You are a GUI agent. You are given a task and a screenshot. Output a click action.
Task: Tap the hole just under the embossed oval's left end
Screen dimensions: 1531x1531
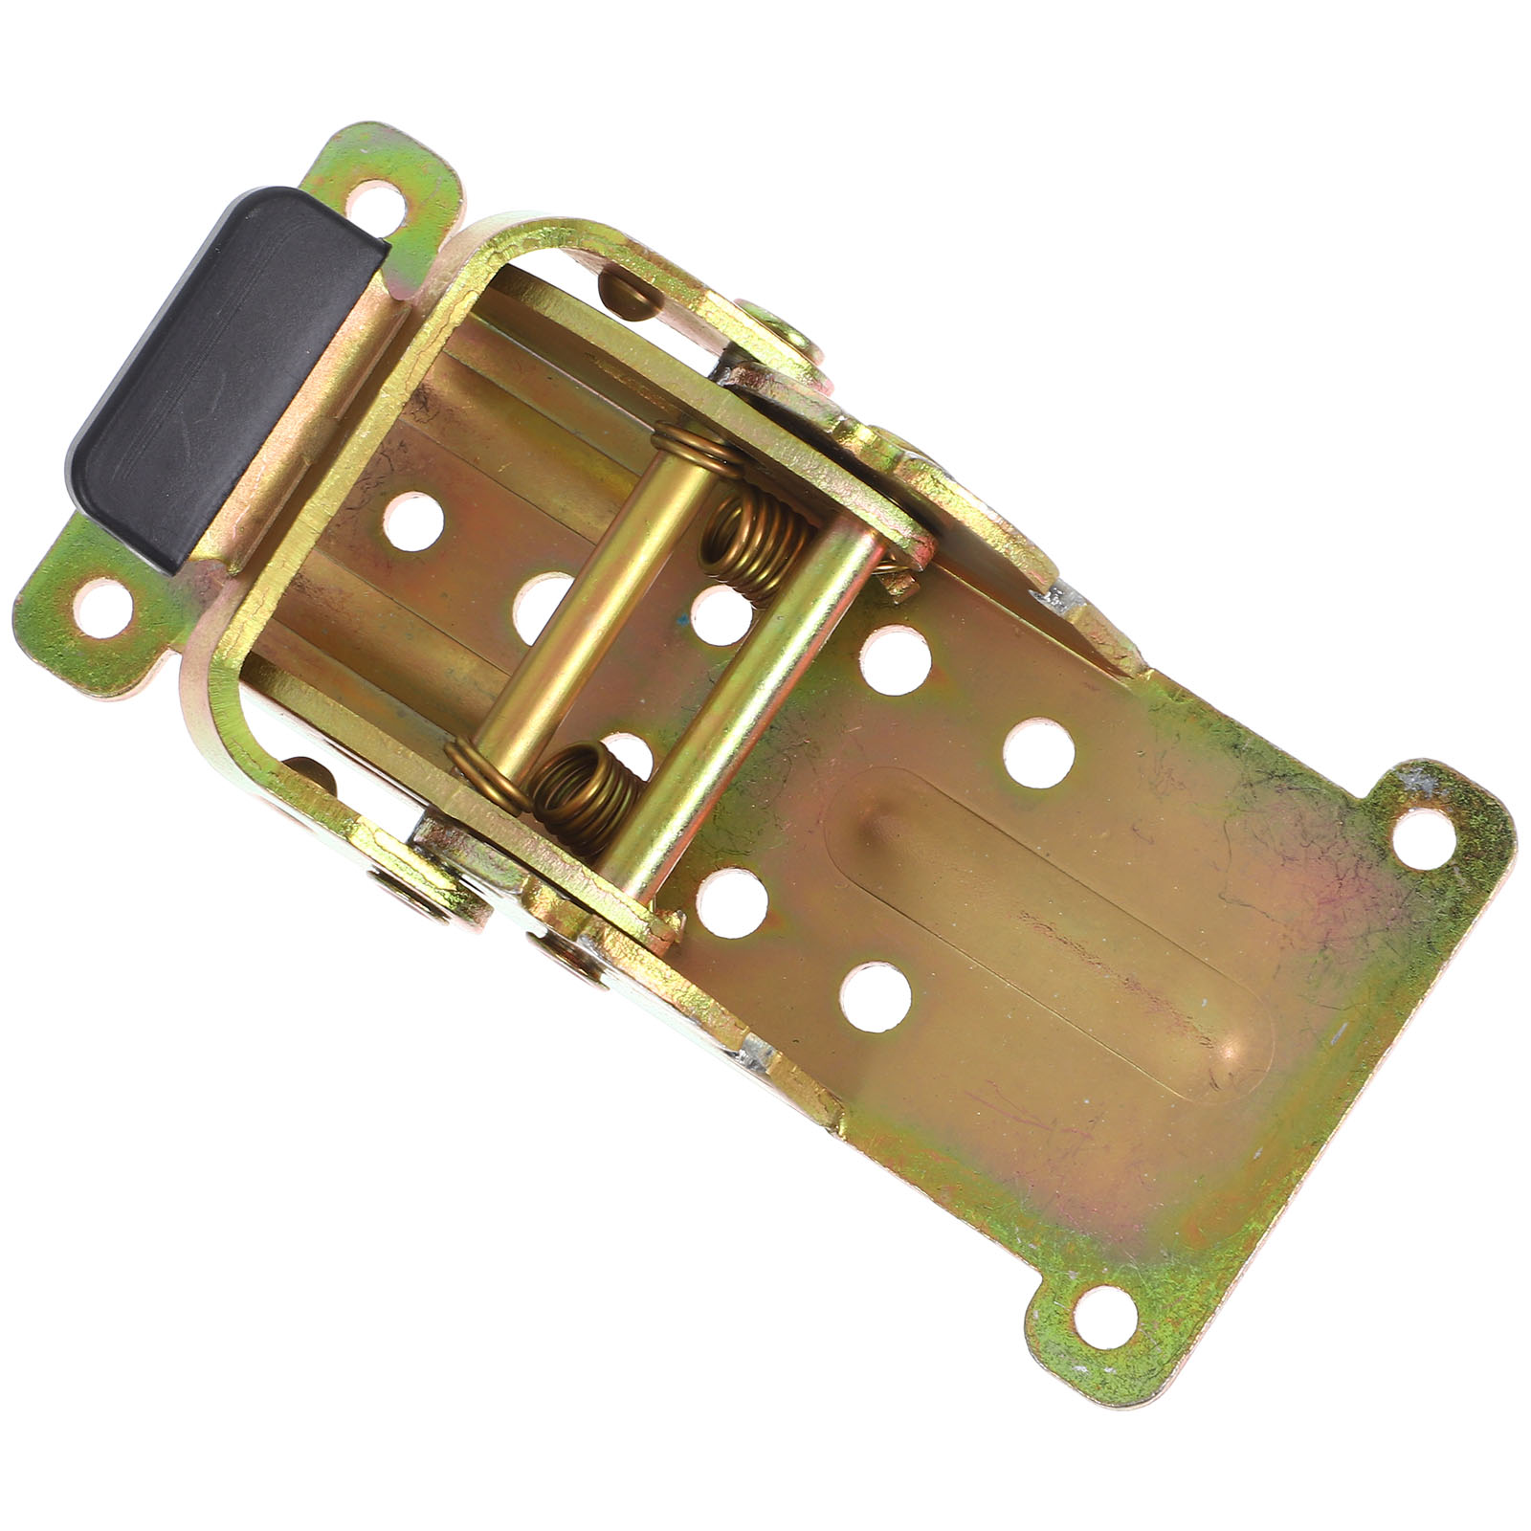point(876,996)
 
